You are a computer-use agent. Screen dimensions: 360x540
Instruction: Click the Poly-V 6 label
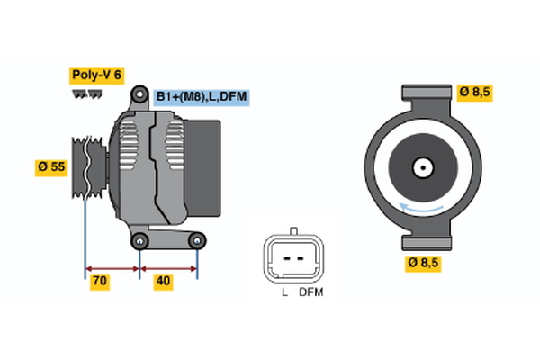[97, 76]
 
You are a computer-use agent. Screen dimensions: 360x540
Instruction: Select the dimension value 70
[100, 282]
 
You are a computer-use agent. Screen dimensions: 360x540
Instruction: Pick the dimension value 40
[163, 282]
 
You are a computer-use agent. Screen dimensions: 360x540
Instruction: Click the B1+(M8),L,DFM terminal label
[201, 97]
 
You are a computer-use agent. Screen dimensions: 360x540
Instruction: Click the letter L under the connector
[284, 293]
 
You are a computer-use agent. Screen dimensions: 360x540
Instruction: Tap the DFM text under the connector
[310, 293]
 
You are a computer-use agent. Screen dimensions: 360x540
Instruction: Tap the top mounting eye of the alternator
[139, 93]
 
